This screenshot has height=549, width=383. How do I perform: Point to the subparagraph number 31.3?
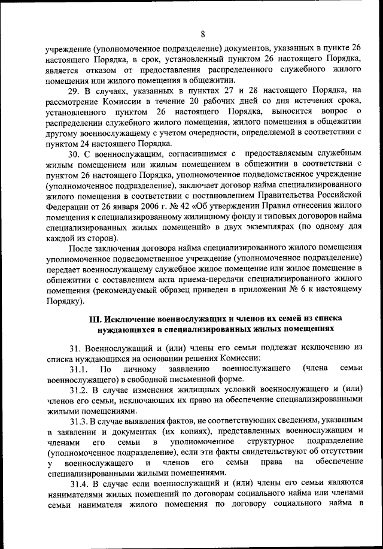click(80, 421)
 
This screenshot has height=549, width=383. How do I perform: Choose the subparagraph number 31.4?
click(80, 484)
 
